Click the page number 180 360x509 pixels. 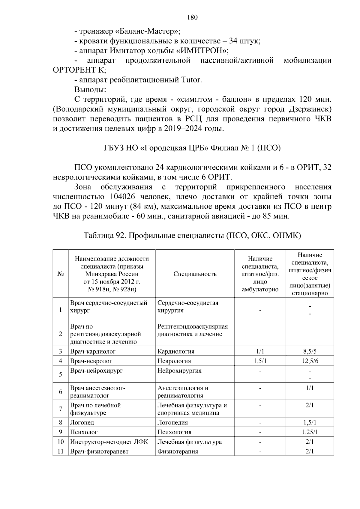tap(192, 17)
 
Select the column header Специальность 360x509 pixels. tap(195, 274)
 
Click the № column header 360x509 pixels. tap(61, 274)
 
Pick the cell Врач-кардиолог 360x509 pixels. tap(93, 351)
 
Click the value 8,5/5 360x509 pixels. tap(310, 351)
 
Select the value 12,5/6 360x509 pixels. tap(310, 361)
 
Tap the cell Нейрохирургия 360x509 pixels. tap(179, 371)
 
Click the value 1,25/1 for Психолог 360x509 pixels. tap(310, 432)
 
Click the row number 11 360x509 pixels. tap(61, 451)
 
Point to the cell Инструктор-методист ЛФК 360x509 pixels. tap(109, 442)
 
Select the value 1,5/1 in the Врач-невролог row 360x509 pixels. tap(260, 361)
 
